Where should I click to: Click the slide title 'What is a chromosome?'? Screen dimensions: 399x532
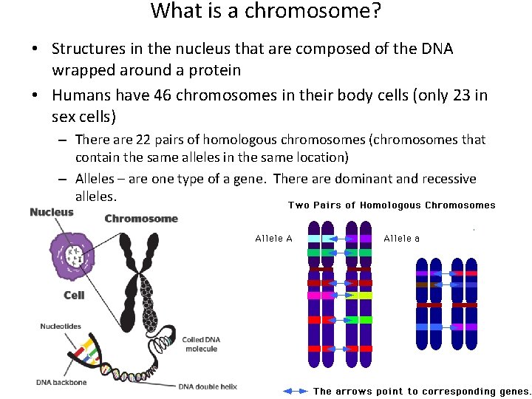click(x=265, y=12)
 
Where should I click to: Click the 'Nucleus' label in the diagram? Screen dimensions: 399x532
click(x=52, y=213)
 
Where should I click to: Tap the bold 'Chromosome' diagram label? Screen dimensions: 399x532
click(x=141, y=219)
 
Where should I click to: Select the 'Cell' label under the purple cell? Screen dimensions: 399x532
click(x=74, y=295)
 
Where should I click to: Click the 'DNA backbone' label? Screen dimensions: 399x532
click(x=61, y=382)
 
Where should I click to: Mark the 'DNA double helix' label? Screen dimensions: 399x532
click(x=208, y=386)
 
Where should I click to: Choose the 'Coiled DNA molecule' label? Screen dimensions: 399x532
click(x=201, y=344)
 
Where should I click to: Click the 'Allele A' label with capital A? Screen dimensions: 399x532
click(x=273, y=238)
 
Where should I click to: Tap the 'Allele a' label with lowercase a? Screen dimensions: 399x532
click(x=402, y=238)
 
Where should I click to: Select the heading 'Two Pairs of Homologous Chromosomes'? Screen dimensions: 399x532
click(x=392, y=205)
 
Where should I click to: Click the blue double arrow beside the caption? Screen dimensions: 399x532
click(x=296, y=391)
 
